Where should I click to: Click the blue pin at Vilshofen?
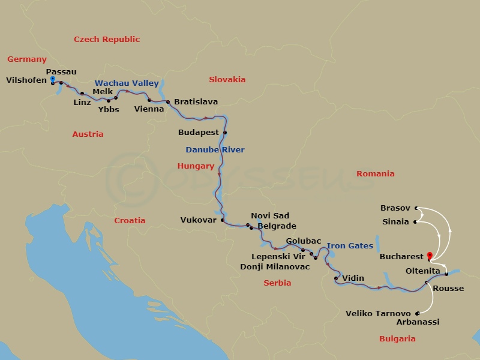(x=53, y=79)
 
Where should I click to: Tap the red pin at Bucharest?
(x=430, y=256)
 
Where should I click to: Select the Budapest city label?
(x=199, y=132)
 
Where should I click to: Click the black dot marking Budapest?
(x=225, y=133)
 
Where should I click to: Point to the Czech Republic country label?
(x=107, y=40)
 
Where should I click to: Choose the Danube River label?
(x=215, y=150)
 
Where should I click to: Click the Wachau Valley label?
(x=127, y=83)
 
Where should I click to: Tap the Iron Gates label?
(x=350, y=246)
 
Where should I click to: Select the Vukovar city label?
(x=198, y=220)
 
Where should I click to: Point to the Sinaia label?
(x=395, y=222)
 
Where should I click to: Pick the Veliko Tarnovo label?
(x=378, y=314)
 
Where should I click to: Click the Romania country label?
(x=376, y=174)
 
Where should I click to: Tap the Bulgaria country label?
(x=397, y=339)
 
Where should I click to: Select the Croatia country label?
(x=130, y=221)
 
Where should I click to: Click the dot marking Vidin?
(x=336, y=278)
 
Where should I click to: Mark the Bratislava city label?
(x=196, y=102)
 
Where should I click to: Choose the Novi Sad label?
(x=269, y=216)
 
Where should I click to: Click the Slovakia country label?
(x=227, y=80)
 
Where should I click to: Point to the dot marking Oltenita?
(x=446, y=274)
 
